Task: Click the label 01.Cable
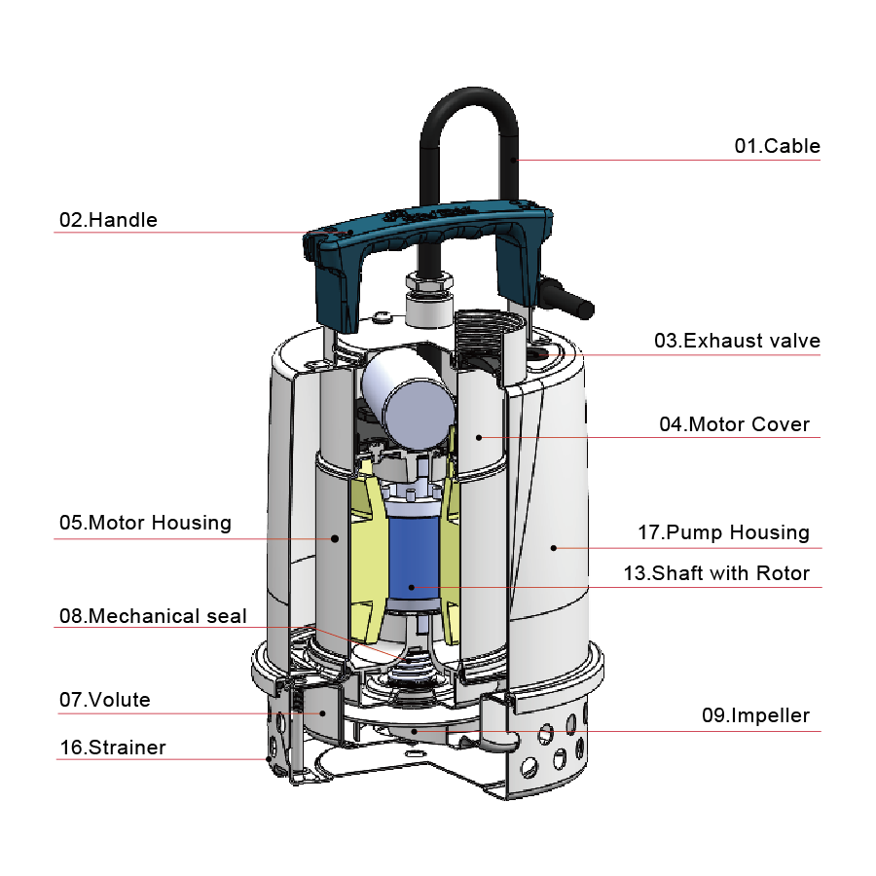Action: coord(777,146)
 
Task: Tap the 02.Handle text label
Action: coord(108,220)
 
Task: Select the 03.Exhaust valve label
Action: coord(737,341)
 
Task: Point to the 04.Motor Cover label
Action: coord(734,424)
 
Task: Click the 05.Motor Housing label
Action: coord(145,523)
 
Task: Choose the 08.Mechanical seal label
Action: coord(153,616)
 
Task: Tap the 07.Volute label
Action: coord(105,700)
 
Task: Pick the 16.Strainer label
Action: coord(113,747)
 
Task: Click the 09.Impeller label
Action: coord(755,715)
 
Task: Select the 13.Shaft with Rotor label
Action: coord(716,573)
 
